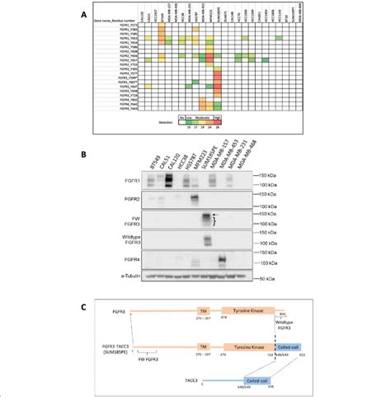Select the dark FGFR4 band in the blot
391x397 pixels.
pos(221,262)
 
